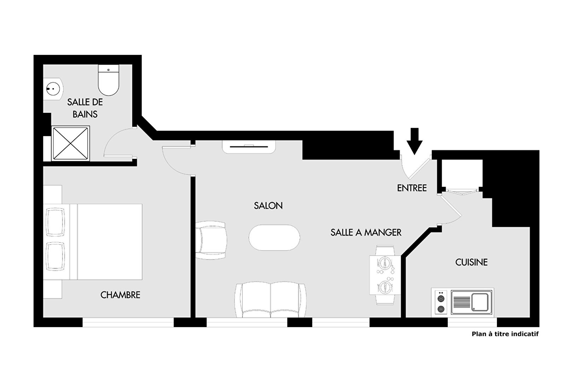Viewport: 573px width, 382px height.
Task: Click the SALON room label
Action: [268, 206]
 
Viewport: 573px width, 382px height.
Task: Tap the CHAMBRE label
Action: [120, 295]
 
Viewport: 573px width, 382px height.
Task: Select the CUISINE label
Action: [471, 262]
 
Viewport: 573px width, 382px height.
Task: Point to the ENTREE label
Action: [412, 188]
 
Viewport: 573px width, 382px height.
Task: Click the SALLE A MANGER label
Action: [366, 232]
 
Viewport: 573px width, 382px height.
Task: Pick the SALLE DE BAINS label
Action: [85, 108]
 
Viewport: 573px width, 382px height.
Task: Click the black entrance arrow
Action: [415, 141]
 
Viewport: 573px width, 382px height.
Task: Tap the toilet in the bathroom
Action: [109, 80]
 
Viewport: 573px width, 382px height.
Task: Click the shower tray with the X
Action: [71, 143]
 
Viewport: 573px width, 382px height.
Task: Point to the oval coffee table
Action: [274, 237]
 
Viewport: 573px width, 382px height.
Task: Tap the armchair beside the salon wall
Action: [211, 241]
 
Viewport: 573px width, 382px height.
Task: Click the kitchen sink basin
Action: [480, 302]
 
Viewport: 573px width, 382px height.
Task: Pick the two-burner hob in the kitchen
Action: [441, 302]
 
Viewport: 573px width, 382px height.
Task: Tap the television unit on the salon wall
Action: [249, 147]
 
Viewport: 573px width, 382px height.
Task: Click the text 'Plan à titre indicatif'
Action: [505, 334]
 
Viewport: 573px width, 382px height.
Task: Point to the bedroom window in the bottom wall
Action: [128, 322]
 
